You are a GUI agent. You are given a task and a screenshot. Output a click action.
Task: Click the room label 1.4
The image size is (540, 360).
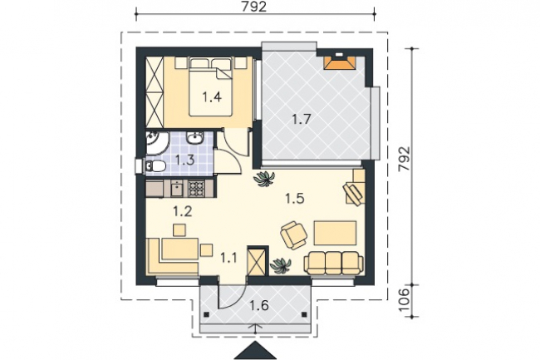(x=212, y=97)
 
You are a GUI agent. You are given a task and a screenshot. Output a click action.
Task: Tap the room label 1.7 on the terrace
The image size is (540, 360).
(x=302, y=119)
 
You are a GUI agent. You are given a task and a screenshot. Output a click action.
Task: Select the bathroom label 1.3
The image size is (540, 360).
(x=185, y=160)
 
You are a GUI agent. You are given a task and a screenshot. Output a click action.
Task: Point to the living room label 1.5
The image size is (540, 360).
(x=295, y=199)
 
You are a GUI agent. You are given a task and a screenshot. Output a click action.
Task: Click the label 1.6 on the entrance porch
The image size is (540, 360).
(x=259, y=305)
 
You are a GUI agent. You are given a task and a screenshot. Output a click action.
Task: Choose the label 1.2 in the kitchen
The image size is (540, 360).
(x=183, y=211)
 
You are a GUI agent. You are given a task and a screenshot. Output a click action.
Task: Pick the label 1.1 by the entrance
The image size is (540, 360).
(x=228, y=258)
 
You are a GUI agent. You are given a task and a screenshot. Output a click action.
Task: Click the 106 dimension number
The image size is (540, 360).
(x=405, y=300)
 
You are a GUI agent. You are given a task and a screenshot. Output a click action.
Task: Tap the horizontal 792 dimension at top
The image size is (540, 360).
(x=254, y=7)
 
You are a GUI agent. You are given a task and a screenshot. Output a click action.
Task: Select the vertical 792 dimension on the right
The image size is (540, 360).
(x=405, y=159)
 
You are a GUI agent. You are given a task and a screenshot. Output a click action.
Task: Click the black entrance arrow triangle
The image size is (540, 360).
(x=255, y=350)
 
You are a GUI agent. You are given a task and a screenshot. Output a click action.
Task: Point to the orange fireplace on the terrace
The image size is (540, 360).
(x=340, y=63)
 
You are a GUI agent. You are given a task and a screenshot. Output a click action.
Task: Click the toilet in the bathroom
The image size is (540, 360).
(x=155, y=167)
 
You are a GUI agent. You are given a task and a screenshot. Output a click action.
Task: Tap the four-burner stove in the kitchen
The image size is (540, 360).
(x=197, y=189)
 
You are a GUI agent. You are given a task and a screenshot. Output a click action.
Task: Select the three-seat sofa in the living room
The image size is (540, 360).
(x=333, y=263)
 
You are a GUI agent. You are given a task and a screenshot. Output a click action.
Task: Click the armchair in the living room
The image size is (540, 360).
(x=294, y=235)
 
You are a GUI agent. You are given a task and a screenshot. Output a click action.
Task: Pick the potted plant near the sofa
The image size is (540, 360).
(x=281, y=265)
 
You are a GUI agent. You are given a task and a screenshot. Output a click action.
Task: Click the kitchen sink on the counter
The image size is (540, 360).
(x=177, y=189)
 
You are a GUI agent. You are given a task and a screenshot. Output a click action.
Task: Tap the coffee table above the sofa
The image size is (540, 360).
(x=335, y=234)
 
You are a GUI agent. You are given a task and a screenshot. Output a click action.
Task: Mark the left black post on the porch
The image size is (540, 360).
(x=206, y=314)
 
